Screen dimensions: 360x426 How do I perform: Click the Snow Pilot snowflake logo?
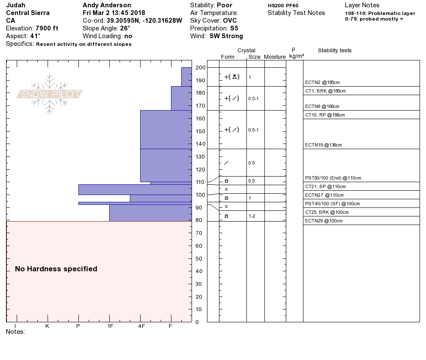pyautogui.click(x=50, y=94)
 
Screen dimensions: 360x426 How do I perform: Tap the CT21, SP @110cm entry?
pyautogui.click(x=325, y=186)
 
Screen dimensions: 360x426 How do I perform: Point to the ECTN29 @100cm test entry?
pyautogui.click(x=324, y=221)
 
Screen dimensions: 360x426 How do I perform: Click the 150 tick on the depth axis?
pyautogui.click(x=200, y=132)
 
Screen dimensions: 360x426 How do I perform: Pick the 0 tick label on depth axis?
pyautogui.click(x=197, y=322)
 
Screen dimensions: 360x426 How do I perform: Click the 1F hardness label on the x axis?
pyautogui.click(x=110, y=326)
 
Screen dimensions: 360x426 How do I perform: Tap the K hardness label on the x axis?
pyautogui.click(x=47, y=326)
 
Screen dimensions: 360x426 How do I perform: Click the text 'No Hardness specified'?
pyautogui.click(x=56, y=269)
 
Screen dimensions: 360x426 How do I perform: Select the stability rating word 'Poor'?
pyautogui.click(x=225, y=5)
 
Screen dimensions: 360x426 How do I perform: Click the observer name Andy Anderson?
pyautogui.click(x=107, y=5)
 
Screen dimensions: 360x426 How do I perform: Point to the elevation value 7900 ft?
pyautogui.click(x=47, y=28)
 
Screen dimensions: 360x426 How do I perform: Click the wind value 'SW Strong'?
pyautogui.click(x=226, y=36)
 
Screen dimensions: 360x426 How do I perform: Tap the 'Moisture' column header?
pyautogui.click(x=275, y=57)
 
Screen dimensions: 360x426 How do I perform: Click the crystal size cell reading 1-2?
pyautogui.click(x=252, y=216)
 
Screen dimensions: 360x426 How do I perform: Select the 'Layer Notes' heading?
pyautogui.click(x=362, y=5)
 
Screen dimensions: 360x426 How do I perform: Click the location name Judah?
pyautogui.click(x=15, y=5)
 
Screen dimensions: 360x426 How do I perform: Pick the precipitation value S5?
pyautogui.click(x=234, y=28)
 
